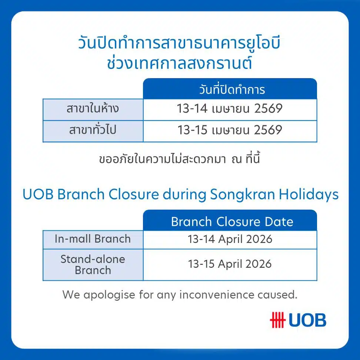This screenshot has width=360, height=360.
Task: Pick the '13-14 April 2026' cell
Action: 230,239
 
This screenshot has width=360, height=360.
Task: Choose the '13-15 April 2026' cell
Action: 230,264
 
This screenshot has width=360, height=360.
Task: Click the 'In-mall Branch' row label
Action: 93,239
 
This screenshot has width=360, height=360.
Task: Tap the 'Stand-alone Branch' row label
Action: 93,264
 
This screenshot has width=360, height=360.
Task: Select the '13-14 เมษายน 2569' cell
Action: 230,109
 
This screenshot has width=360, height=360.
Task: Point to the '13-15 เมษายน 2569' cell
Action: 230,130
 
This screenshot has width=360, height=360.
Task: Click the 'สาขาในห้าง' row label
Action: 93,109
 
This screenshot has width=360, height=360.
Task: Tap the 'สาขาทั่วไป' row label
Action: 93,131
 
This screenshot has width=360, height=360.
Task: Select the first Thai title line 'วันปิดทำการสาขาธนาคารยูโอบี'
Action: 179,44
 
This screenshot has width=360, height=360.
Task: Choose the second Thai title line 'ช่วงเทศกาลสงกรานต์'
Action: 179,63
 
